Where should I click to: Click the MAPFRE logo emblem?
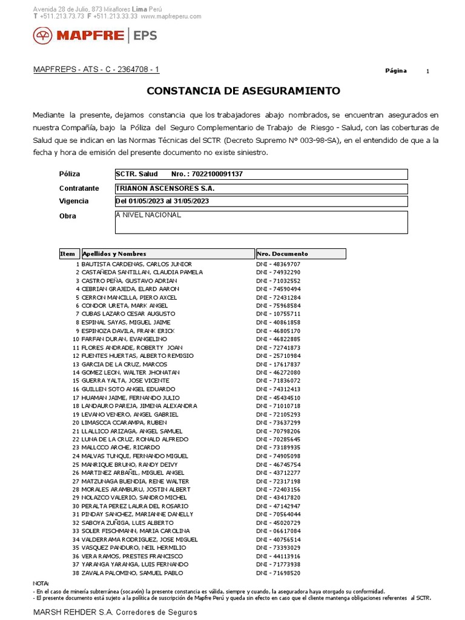pos(43,36)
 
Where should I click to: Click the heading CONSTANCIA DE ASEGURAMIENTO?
pos(243,91)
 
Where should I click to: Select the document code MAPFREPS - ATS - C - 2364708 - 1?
pos(96,70)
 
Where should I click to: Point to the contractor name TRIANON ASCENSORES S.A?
pos(165,188)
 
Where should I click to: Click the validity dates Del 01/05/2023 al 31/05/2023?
pos(162,201)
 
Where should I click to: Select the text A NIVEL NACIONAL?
pos(148,215)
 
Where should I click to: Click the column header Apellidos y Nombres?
pos(114,254)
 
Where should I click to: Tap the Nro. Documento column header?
pos(283,254)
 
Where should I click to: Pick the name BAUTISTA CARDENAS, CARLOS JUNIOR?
pos(137,264)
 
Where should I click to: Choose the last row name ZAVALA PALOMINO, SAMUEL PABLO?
pos(132,573)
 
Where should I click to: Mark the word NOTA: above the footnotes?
pos(41,583)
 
